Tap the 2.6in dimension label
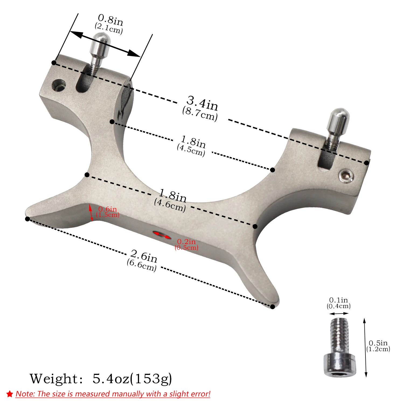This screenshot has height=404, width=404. [x=144, y=256]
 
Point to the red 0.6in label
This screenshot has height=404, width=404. [x=108, y=209]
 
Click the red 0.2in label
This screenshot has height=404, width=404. [x=186, y=242]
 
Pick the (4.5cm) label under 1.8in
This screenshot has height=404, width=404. [x=191, y=150]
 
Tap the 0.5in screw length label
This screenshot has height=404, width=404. [x=378, y=343]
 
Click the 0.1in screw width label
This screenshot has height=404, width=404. [x=339, y=300]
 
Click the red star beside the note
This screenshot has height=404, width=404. [x=10, y=394]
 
